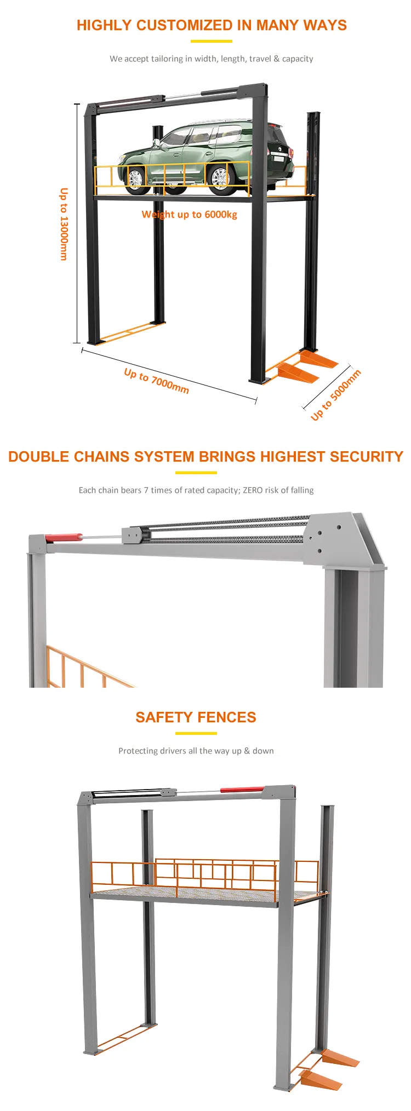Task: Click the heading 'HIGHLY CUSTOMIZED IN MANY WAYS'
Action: click(212, 25)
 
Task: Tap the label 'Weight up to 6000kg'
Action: click(189, 214)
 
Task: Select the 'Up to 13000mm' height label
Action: click(64, 224)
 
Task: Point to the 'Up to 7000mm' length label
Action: click(156, 381)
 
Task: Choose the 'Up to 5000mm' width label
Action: click(336, 395)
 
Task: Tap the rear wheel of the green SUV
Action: click(220, 179)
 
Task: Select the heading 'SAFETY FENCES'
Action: click(196, 717)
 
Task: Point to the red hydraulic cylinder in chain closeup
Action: click(64, 538)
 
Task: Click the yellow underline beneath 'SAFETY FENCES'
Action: click(196, 733)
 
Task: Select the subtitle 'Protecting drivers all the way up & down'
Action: click(196, 751)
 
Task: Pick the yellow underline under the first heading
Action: click(211, 41)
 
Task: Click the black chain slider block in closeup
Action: click(133, 535)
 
